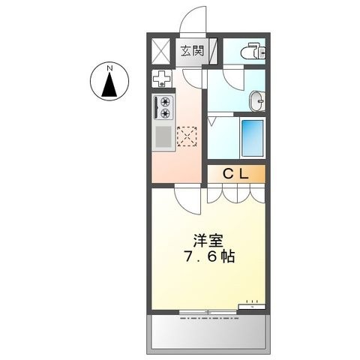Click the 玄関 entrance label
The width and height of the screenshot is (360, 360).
pos(192,51)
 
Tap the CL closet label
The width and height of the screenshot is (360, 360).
pos(236,174)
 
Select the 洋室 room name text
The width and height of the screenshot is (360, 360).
pos(208,241)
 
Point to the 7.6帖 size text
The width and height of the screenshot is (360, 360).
pos(209,256)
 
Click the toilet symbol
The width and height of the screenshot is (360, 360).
pos(253,51)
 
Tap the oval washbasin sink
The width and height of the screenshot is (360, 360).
pos(257,101)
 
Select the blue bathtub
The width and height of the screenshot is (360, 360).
pos(252,138)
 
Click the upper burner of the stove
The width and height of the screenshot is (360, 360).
pos(165,102)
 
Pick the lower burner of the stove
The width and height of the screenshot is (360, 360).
pos(165,113)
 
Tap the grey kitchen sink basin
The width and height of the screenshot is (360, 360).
pos(163,136)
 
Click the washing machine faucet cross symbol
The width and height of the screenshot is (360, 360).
pos(162,78)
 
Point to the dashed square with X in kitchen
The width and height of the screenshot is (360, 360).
pos(187,136)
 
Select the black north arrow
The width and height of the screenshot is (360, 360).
pos(109,84)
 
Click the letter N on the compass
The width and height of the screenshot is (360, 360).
pos(109,67)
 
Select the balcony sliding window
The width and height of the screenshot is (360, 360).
pos(208,312)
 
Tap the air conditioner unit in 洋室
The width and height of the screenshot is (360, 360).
pos(252,306)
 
